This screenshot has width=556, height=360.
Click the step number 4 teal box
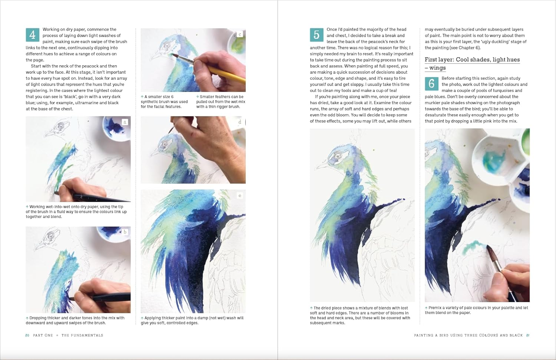click(32, 35)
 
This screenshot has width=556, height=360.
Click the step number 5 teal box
click(316, 35)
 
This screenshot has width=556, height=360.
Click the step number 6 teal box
click(431, 84)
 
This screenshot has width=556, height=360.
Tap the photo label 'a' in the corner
click(125, 122)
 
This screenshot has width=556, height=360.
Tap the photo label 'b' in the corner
click(125, 232)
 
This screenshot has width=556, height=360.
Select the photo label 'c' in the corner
click(240, 34)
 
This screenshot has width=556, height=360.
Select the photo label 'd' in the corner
click(240, 122)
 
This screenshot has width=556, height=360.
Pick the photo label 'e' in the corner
click(240, 195)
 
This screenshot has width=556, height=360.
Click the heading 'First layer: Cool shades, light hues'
click(472, 60)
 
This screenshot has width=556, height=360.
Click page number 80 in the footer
click(27, 335)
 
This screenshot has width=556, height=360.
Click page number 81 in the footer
click(528, 335)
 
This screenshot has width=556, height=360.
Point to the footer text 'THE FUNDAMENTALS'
click(82, 335)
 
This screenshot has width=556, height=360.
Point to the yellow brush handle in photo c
click(222, 72)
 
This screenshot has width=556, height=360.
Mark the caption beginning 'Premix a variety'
click(476, 310)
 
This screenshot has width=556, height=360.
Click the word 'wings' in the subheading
click(437, 68)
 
